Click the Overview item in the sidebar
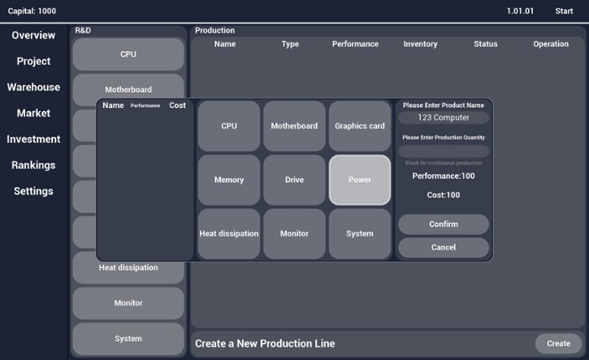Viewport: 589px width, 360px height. (x=34, y=35)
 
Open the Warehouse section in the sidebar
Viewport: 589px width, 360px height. (x=34, y=87)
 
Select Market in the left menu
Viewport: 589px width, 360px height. (x=34, y=113)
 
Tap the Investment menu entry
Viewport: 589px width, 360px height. (x=34, y=139)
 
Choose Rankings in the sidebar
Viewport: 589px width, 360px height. (x=34, y=165)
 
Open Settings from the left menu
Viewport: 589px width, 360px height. (x=34, y=191)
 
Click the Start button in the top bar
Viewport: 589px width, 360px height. (x=564, y=11)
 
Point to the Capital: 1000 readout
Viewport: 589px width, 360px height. (x=32, y=11)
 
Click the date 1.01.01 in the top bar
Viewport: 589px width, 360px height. (x=519, y=11)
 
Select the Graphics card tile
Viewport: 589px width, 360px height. (x=359, y=126)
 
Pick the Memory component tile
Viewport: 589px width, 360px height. (x=229, y=180)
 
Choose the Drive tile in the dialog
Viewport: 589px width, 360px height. (x=294, y=180)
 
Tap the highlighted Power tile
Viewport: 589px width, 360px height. (x=359, y=180)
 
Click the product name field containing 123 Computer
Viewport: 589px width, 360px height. (x=443, y=118)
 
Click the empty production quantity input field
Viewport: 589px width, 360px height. (x=443, y=152)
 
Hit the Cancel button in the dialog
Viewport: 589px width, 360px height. (x=443, y=248)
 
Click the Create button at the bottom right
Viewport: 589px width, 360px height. (x=558, y=343)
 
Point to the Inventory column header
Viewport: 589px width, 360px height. (x=421, y=44)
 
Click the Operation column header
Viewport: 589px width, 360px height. (x=550, y=44)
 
